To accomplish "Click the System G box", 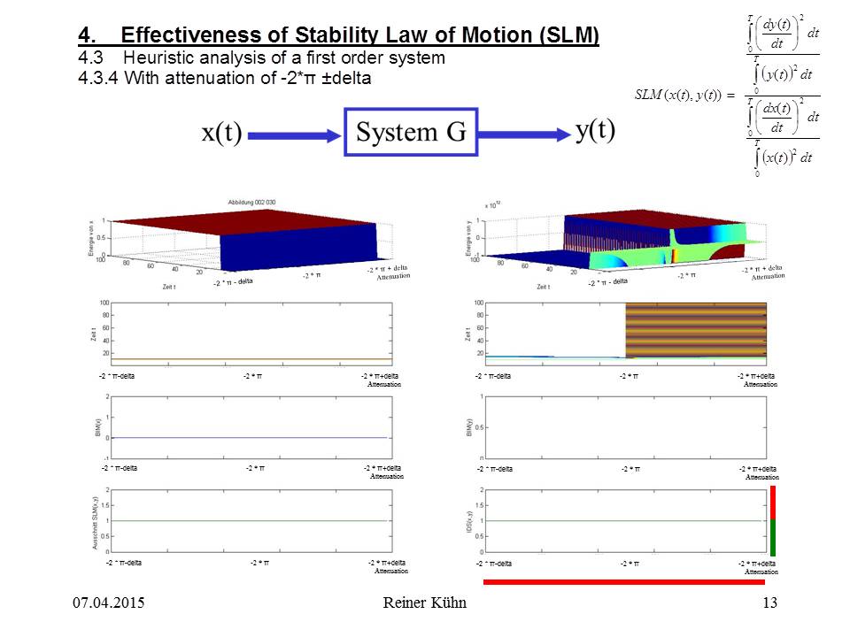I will point(411,133).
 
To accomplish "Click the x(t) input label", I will point(221,134).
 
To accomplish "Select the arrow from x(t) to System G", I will point(295,135).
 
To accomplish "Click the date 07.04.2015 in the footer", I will point(108,603).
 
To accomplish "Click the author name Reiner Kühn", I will point(424,603).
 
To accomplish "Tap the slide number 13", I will point(769,603).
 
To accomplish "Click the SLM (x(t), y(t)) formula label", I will point(677,95).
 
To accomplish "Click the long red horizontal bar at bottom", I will point(624,582).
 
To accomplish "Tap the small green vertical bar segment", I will point(772,538).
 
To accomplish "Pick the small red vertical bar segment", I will point(772,502).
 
